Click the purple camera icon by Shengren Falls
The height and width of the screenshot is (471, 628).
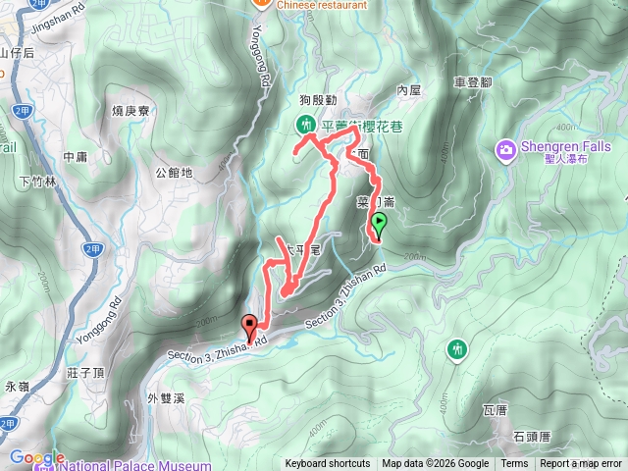point(505,149)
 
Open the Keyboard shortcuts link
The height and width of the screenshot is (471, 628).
point(328,464)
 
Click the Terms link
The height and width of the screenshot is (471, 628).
point(514,464)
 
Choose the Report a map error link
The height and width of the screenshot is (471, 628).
point(582,464)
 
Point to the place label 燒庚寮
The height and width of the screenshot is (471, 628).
point(131,111)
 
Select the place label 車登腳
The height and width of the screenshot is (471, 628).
point(472,85)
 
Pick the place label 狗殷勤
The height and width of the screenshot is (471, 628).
point(318,100)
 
